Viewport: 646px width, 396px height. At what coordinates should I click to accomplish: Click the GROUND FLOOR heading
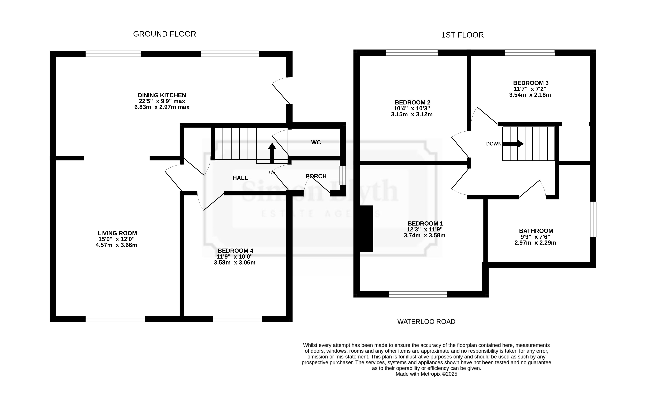click(x=164, y=34)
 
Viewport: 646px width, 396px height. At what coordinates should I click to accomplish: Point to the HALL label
click(x=240, y=178)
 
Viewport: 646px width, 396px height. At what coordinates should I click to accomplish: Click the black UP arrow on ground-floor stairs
click(x=272, y=153)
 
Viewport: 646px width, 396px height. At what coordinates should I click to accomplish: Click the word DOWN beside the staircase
click(x=494, y=144)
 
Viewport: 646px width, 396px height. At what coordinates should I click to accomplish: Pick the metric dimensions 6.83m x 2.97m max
click(x=162, y=107)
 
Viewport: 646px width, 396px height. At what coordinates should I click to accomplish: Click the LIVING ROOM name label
click(x=117, y=233)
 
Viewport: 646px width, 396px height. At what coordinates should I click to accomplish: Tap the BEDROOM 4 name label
click(x=236, y=251)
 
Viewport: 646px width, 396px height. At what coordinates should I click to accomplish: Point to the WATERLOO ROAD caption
click(x=426, y=322)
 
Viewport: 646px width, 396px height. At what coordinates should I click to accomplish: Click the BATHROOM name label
click(x=536, y=231)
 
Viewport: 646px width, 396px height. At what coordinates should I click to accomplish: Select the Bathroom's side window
click(x=593, y=219)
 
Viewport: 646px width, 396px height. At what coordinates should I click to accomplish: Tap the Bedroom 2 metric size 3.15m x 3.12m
click(x=412, y=114)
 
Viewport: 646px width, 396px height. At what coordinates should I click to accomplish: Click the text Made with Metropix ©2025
click(x=426, y=374)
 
